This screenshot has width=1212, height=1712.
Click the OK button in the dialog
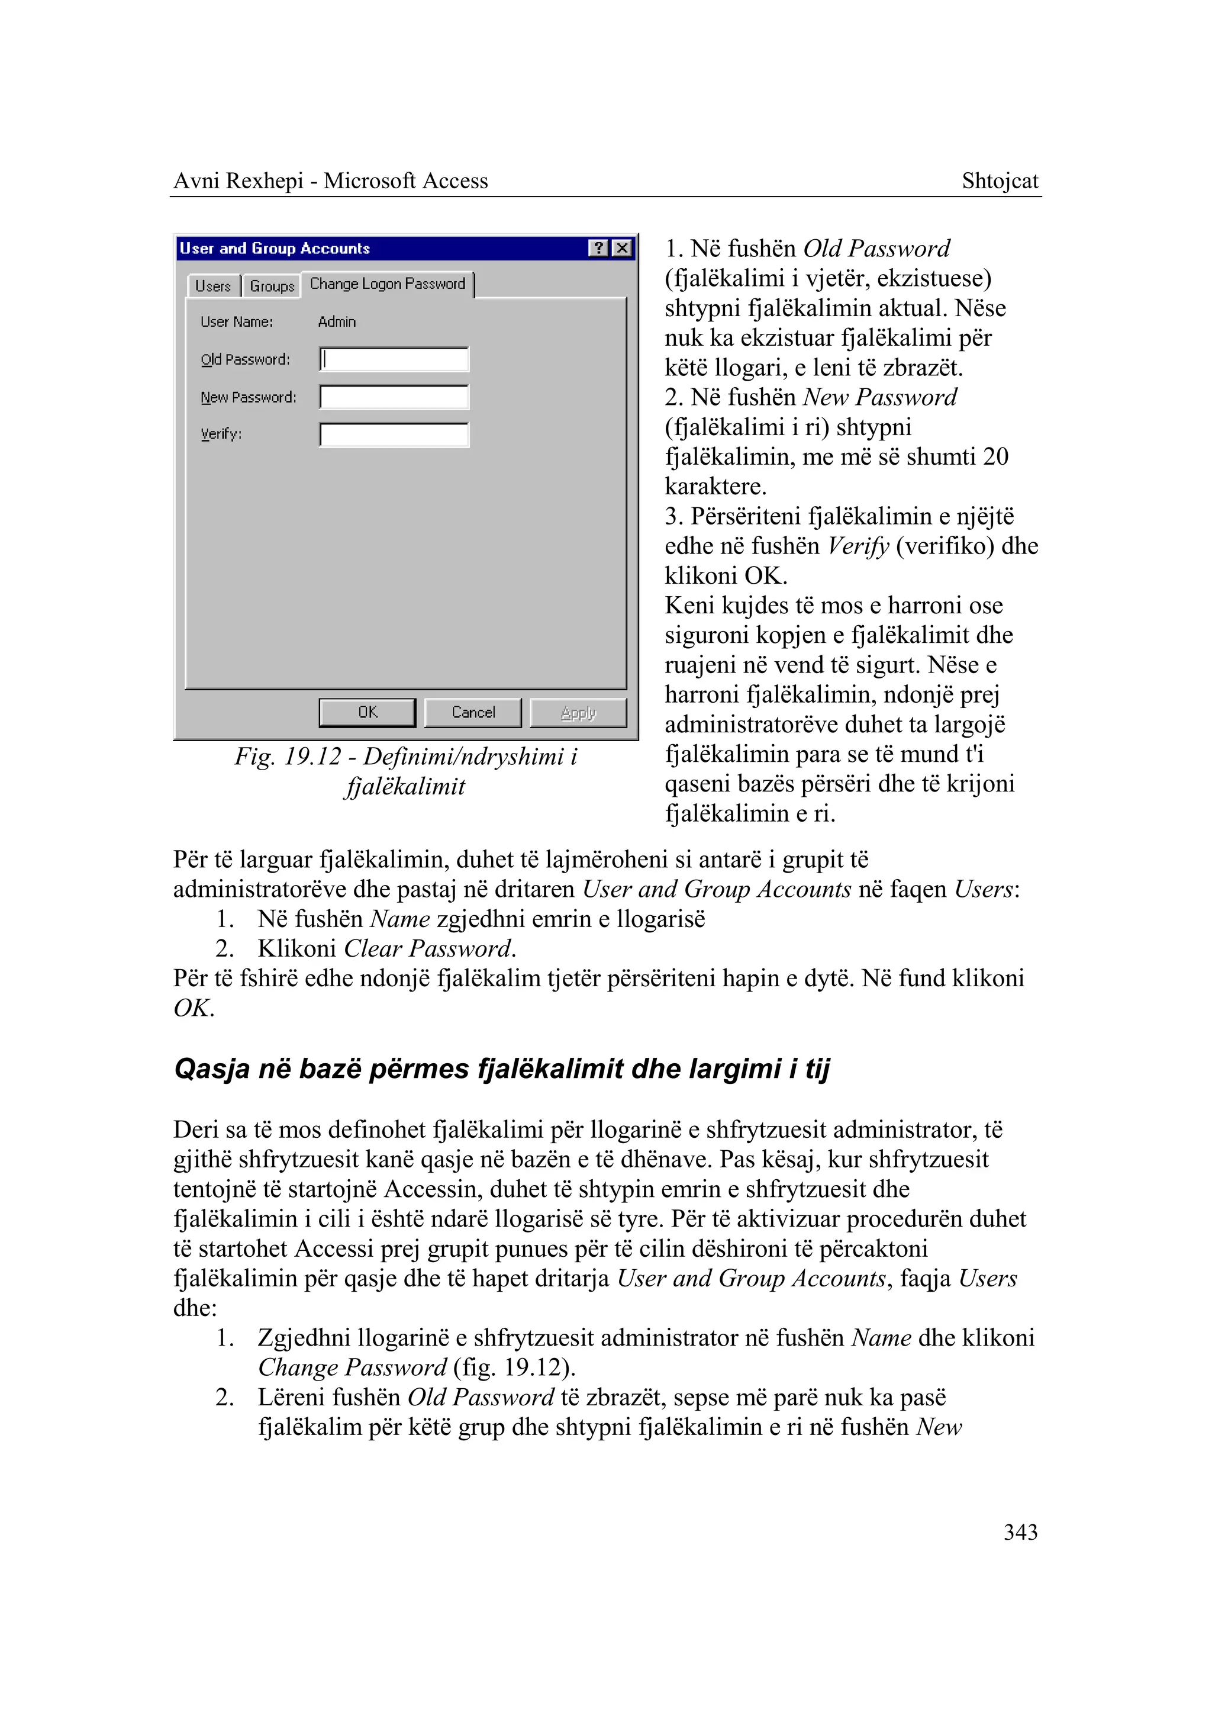pos(366,712)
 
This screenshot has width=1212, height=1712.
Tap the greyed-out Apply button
pos(578,712)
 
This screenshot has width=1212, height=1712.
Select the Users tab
pos(212,286)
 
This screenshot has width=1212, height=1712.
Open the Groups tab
pos(272,286)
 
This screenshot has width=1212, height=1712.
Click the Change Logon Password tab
pos(388,284)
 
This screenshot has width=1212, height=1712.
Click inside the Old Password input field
pos(394,359)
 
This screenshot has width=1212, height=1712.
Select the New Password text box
pos(394,397)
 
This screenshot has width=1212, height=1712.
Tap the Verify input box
pos(394,435)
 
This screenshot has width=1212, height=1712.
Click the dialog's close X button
pos(621,248)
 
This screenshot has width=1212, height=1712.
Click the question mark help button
pos(598,248)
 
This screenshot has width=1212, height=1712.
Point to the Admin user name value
pos(337,322)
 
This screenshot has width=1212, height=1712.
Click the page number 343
pos(1020,1532)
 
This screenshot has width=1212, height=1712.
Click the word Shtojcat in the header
pos(1000,181)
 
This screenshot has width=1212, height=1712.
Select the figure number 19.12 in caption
pos(312,757)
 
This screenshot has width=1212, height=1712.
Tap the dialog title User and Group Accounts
pos(275,248)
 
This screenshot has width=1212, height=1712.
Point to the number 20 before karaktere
pos(995,456)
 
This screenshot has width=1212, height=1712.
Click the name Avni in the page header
pos(196,181)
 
